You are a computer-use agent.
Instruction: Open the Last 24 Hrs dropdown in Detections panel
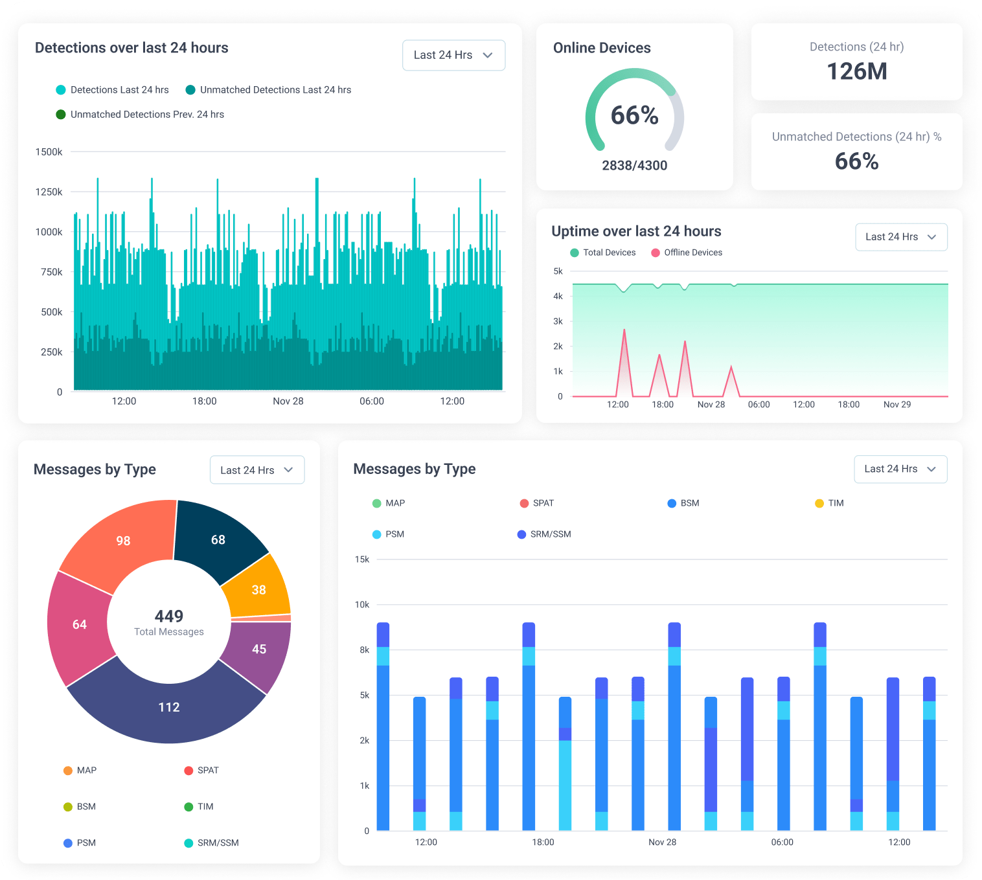point(453,55)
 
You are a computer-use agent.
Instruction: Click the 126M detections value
point(856,71)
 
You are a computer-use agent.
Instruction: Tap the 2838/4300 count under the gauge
point(634,165)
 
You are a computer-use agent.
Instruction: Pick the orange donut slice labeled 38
point(258,590)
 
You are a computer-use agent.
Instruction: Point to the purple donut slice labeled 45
point(259,649)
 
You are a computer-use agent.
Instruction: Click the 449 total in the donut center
point(168,616)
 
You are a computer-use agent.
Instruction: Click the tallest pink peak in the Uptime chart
point(624,332)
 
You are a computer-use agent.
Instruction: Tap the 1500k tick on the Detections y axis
point(49,152)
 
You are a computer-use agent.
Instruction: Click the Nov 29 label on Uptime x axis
point(896,404)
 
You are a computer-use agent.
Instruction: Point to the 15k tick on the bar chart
point(361,559)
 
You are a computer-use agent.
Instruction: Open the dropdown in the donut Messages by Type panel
point(257,470)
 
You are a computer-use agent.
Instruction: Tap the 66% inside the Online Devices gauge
point(634,115)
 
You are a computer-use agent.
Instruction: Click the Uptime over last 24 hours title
point(636,231)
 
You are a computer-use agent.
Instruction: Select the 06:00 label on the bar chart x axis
point(782,842)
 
